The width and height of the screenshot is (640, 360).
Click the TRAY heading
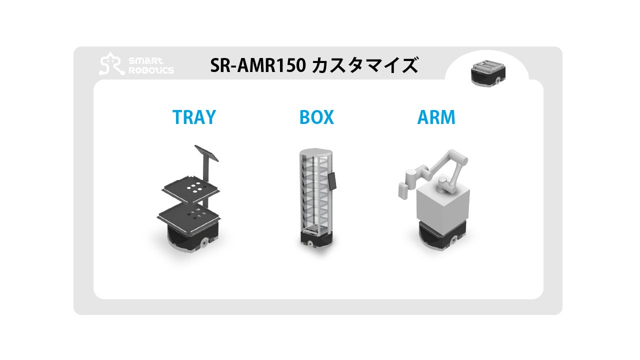click(x=194, y=117)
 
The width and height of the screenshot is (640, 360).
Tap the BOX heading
click(x=316, y=117)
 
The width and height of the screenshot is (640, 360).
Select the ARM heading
click(x=436, y=117)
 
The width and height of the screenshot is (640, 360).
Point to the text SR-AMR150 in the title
click(x=258, y=65)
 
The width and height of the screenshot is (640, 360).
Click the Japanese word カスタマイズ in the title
click(x=364, y=65)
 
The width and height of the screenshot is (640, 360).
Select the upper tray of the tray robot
click(x=190, y=189)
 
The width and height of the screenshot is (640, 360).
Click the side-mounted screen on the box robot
click(x=332, y=180)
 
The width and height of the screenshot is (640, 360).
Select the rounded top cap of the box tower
click(x=315, y=152)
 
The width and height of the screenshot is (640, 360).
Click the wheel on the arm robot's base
click(x=454, y=242)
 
